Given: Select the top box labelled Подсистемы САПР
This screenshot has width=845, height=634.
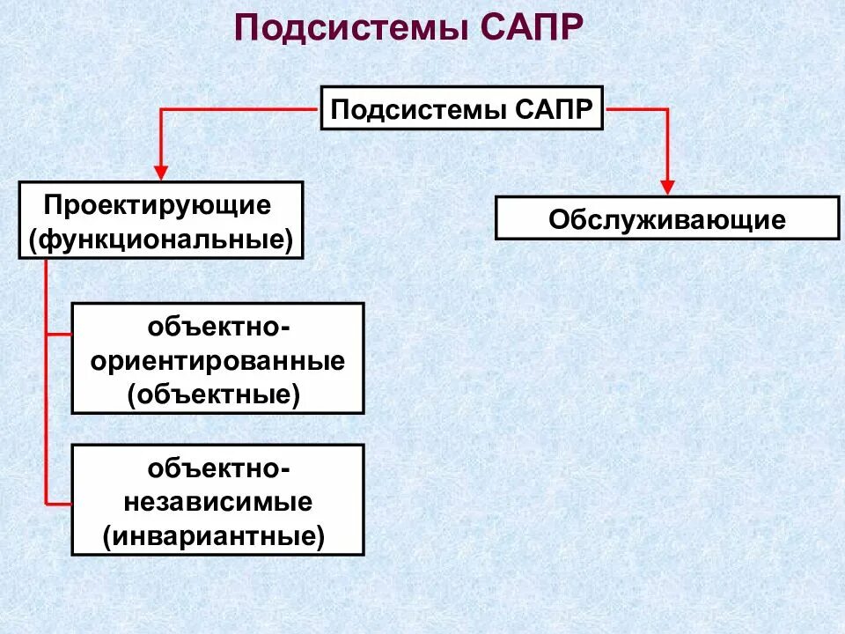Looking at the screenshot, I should tap(461, 108).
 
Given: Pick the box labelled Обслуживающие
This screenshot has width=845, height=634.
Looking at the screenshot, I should tap(667, 218).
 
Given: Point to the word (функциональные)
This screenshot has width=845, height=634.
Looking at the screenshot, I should tap(160, 239).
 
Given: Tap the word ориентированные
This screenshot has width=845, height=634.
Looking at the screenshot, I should tap(217, 361).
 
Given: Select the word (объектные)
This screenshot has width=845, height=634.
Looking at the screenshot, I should tap(214, 394).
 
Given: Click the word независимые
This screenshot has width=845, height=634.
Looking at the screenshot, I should tap(217, 502).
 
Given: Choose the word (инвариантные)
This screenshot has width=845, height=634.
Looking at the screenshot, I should tap(214, 534).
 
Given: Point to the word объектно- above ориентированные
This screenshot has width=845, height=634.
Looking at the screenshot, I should tap(217, 328).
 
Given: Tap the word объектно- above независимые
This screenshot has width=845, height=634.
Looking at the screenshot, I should tap(217, 468).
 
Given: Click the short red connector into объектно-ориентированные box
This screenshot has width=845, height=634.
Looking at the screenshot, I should tap(59, 335).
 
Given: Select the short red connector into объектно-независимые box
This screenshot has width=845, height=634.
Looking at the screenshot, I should tap(59, 504).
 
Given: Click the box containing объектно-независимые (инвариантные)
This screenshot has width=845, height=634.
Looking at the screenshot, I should tap(217, 499).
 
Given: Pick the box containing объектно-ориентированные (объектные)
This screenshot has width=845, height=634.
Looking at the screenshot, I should tap(217, 358).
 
